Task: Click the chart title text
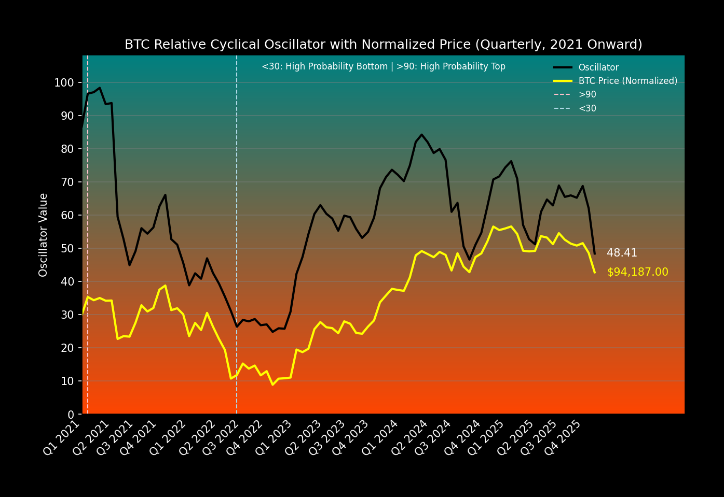pos(383,45)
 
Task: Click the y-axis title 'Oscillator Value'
pos(44,235)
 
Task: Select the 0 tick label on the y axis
pos(71,415)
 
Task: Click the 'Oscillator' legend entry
pos(598,67)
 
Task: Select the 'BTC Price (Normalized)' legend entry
pos(627,81)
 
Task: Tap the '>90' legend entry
pos(587,95)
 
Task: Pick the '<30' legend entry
pos(587,109)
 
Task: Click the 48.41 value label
pos(622,253)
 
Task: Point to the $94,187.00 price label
pos(637,273)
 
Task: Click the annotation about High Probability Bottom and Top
pos(383,67)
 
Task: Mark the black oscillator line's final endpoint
pos(594,254)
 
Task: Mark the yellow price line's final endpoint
pos(594,273)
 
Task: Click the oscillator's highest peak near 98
pos(100,88)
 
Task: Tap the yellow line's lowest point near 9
pos(272,385)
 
